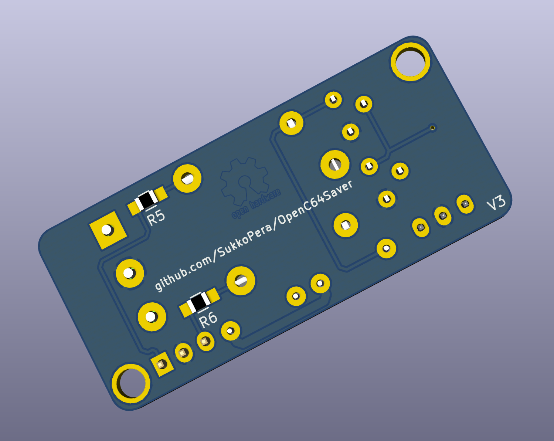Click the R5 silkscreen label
coord(156,217)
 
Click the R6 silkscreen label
coord(208,319)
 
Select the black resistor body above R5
coord(146,200)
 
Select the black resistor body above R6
coord(198,302)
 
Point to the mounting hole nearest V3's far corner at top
coord(410,62)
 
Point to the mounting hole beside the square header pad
coord(131,383)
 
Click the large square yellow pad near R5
coord(108,230)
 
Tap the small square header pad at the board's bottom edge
coord(162,364)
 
